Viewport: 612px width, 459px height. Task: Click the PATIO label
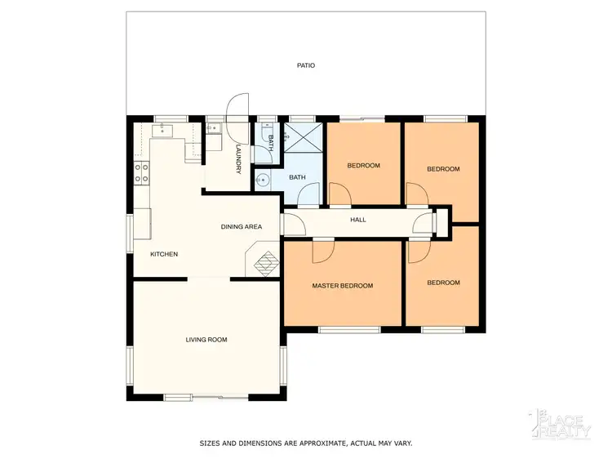(306, 65)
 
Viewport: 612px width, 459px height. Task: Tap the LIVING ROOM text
(206, 339)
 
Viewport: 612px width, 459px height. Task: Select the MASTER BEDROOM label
(343, 286)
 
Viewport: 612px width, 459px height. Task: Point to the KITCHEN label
(164, 254)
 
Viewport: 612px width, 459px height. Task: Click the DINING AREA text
(242, 226)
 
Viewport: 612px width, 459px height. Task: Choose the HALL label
(358, 220)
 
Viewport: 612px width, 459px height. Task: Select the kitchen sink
(163, 128)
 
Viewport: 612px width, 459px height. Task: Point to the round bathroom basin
(264, 180)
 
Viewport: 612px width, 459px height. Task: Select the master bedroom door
(323, 252)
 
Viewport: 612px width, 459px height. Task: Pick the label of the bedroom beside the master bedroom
(443, 283)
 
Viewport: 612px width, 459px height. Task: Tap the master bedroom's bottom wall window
(349, 329)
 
